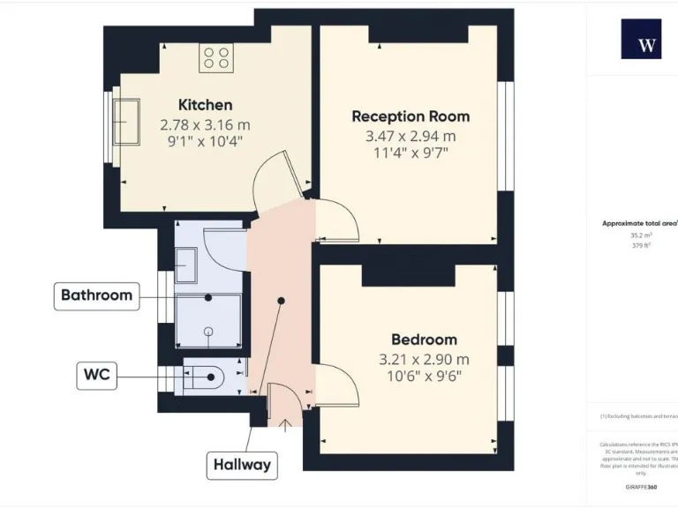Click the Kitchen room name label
205,105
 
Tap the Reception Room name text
411,116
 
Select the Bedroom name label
424,340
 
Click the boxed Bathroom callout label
97,295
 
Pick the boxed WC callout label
96,376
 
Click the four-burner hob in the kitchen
216,58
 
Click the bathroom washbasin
186,263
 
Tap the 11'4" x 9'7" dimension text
411,154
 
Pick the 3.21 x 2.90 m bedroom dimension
424,359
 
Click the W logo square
640,39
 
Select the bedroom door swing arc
338,385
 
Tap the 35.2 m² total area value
640,235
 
